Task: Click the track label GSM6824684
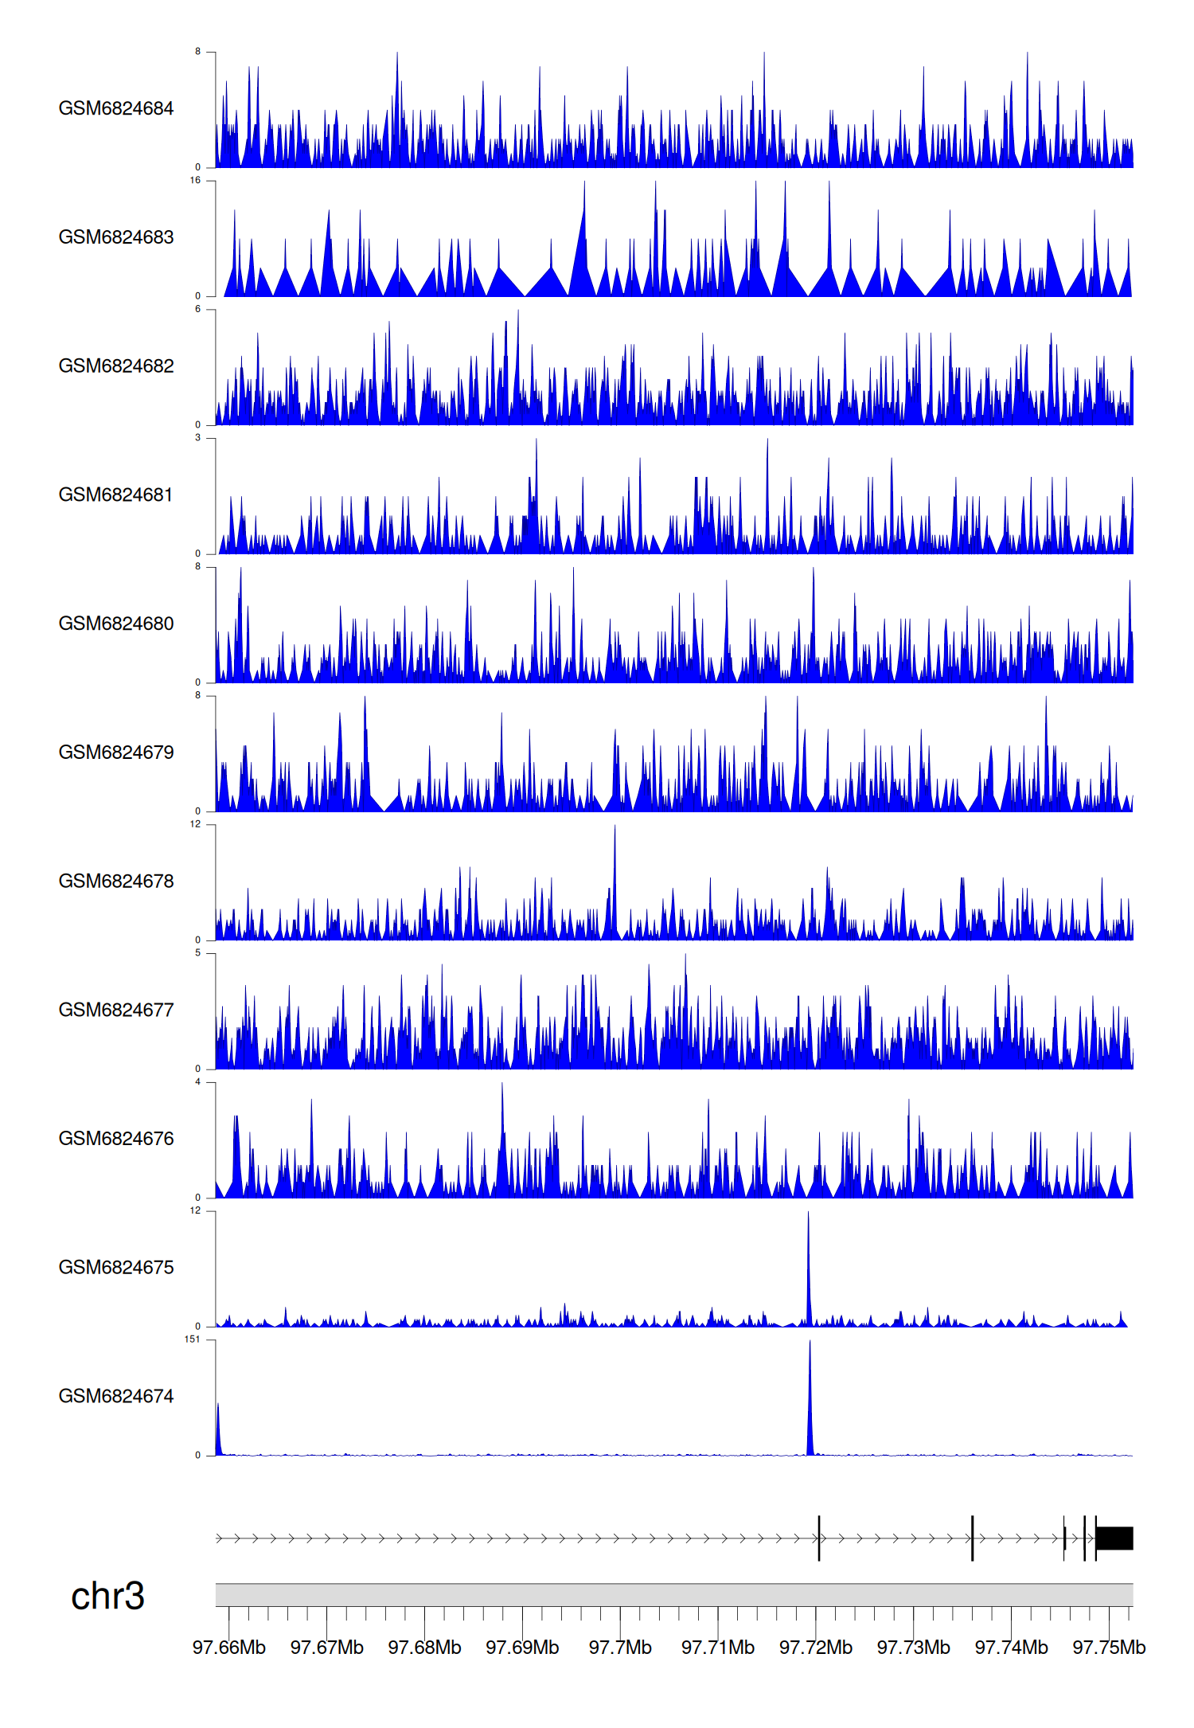tap(116, 108)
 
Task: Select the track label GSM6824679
tap(116, 753)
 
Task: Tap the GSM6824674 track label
tap(116, 1396)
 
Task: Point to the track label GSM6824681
tap(116, 495)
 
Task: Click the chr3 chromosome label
tap(107, 1596)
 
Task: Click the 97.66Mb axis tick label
tap(229, 1648)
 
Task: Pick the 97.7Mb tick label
tap(620, 1648)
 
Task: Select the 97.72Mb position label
tap(816, 1648)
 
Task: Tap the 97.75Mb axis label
tap(1109, 1648)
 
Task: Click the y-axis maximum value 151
tap(192, 1339)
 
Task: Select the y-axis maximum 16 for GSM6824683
tap(195, 181)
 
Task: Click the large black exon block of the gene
tap(1114, 1538)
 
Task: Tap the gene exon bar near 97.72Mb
tap(819, 1538)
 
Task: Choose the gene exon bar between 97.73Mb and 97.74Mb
tap(972, 1538)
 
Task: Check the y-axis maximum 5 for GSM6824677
tap(197, 953)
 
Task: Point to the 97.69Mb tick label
tap(522, 1648)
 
